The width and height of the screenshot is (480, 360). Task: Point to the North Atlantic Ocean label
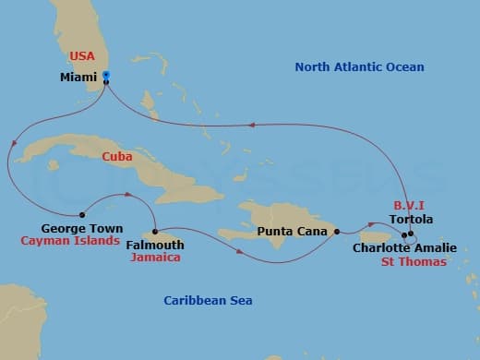click(360, 67)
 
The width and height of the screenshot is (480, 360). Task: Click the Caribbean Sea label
click(208, 301)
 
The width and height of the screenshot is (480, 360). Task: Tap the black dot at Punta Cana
click(336, 231)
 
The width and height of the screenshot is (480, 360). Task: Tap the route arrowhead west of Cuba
click(13, 143)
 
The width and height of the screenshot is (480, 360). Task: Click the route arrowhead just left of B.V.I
click(372, 222)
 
